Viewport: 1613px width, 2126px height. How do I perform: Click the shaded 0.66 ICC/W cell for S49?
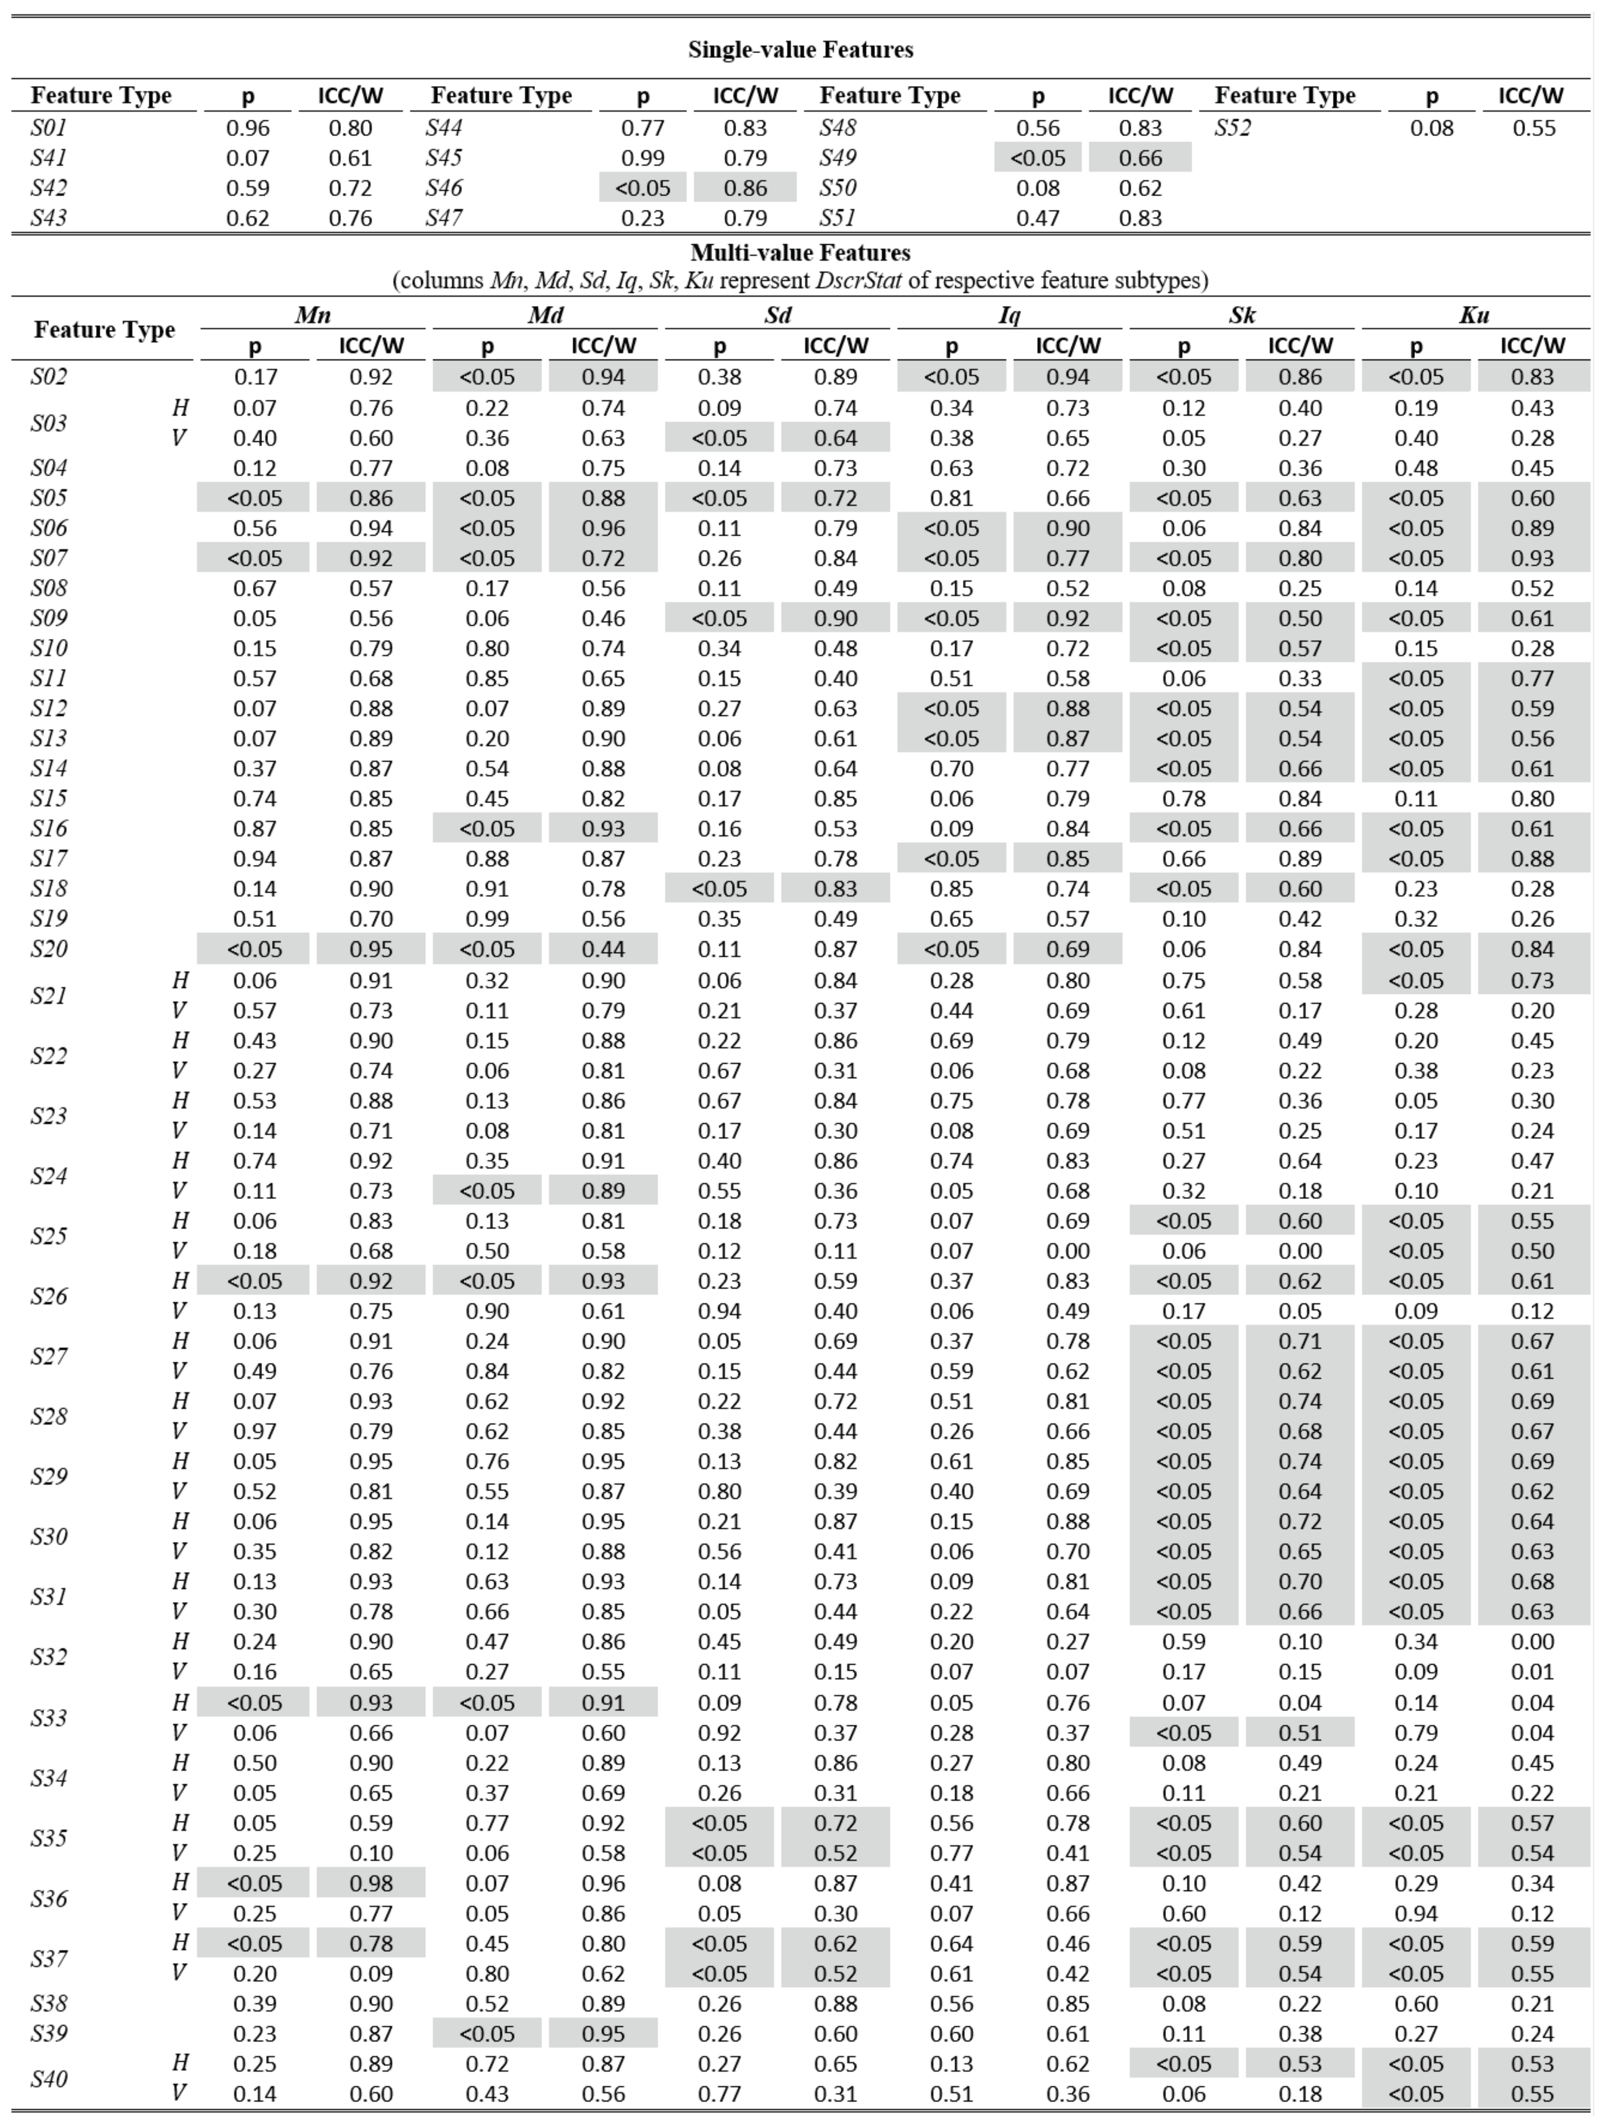[1140, 157]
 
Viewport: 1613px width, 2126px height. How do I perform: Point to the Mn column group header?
[312, 314]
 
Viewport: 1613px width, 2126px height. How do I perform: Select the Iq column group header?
[1009, 314]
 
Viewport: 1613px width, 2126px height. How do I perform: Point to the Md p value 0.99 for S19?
[487, 919]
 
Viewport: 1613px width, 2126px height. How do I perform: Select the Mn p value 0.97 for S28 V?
[255, 1431]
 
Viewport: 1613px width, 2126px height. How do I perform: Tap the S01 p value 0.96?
[248, 128]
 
